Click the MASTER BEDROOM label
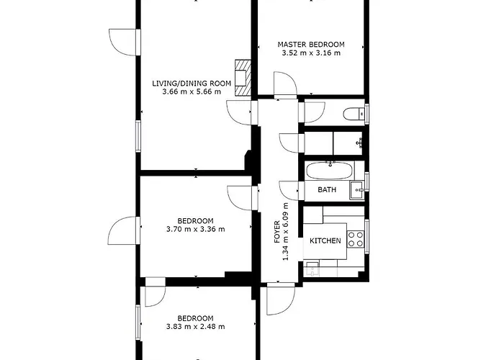point(310,44)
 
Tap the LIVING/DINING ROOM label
point(192,84)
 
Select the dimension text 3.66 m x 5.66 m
point(192,92)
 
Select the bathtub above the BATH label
point(329,171)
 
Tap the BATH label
point(327,190)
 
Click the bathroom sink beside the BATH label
point(356,190)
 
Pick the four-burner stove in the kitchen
point(356,238)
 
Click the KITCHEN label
point(325,240)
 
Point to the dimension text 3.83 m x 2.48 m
point(195,327)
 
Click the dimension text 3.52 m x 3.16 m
point(310,53)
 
